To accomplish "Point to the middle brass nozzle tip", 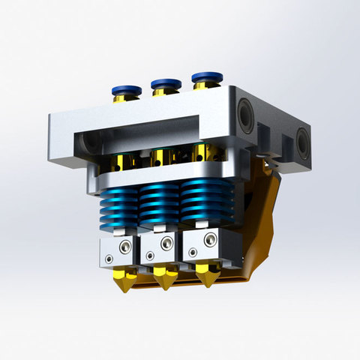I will tap(163, 282).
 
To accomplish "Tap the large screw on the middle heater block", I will tap(163, 244).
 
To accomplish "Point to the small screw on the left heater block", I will tap(111, 259).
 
